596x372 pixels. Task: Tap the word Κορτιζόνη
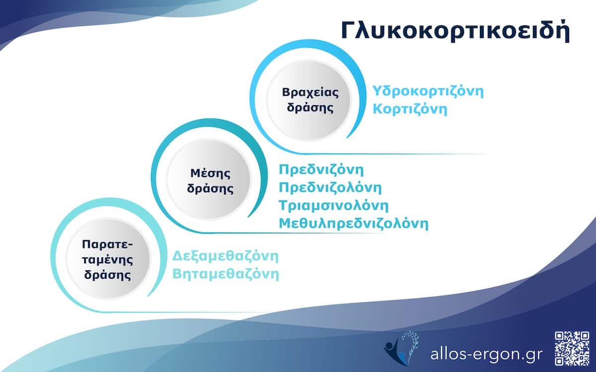coord(410,109)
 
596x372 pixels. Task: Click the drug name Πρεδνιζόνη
coord(321,170)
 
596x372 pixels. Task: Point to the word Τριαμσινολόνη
coord(333,205)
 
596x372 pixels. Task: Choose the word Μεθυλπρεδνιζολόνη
coord(353,223)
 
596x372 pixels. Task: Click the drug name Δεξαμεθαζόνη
coord(225,257)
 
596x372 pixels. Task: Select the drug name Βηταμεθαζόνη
coord(225,274)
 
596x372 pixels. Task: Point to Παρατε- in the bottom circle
coord(108,245)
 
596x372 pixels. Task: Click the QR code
coord(572,348)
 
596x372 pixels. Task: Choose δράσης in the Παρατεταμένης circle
coord(108,275)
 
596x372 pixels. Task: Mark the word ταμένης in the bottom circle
coord(108,260)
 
